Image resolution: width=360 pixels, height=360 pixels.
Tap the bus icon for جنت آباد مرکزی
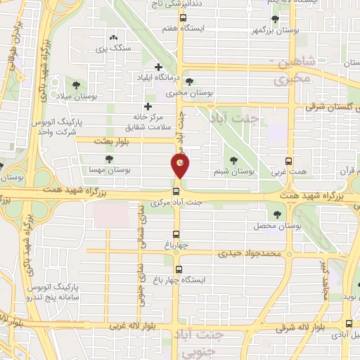176,191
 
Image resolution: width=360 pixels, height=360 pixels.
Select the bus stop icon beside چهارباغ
176,236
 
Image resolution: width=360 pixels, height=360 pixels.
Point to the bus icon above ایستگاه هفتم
183,18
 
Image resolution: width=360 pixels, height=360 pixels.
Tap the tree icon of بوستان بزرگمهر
274,19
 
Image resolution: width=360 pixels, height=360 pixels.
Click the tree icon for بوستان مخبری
189,81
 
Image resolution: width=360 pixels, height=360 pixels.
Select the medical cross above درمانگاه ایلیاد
157,67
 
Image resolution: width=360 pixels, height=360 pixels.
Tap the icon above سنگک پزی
113,37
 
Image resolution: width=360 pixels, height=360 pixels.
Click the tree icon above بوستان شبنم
233,160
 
